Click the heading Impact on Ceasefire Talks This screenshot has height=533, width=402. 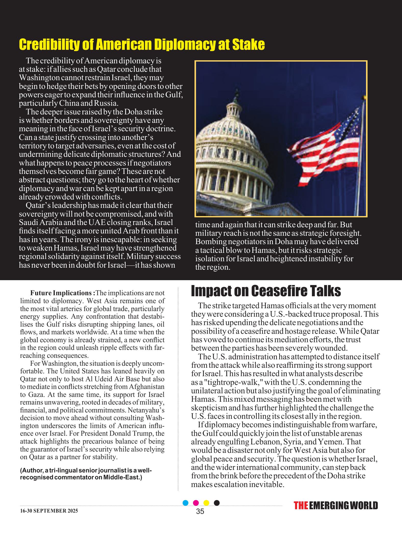point(266,291)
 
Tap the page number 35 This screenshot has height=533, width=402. point(200,512)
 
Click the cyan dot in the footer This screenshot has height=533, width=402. point(186,503)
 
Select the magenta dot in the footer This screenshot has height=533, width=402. point(196,503)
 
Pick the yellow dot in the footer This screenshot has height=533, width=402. point(206,503)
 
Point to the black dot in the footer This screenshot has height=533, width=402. point(217,503)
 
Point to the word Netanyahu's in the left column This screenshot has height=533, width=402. point(148,410)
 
